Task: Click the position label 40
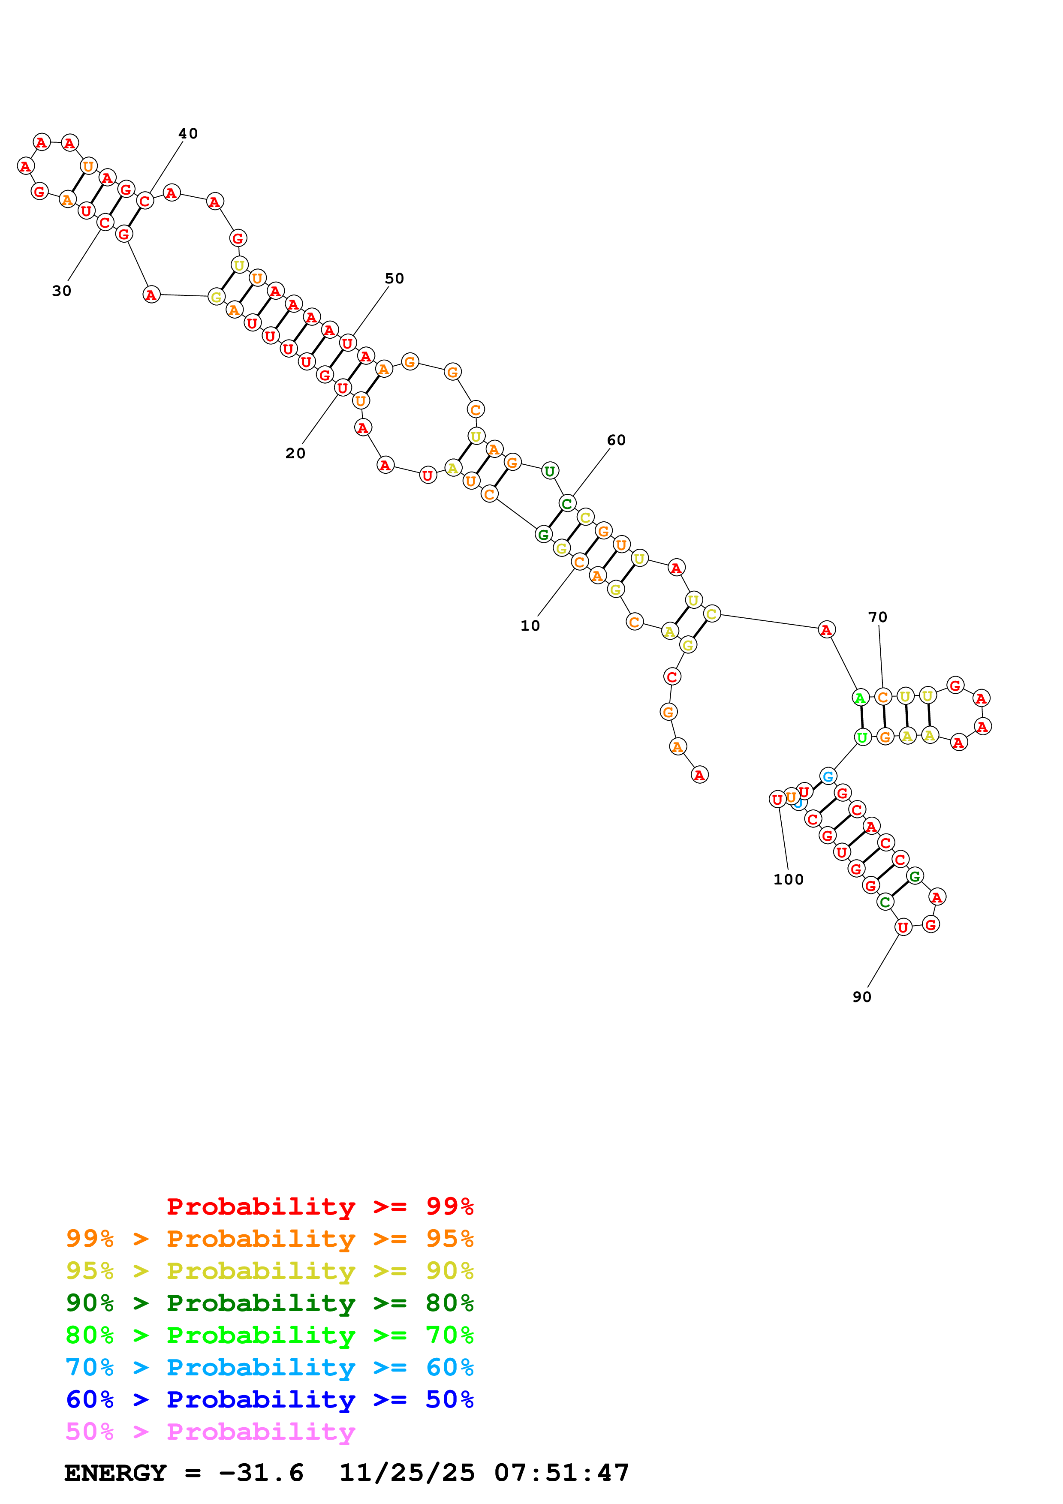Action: [x=188, y=134]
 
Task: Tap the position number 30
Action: [x=62, y=291]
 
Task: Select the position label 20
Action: [x=295, y=453]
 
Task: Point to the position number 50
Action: [x=394, y=278]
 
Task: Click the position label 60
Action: [x=616, y=440]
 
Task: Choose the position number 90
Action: [x=862, y=997]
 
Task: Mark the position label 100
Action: [x=789, y=880]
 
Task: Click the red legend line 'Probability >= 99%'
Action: [x=320, y=1206]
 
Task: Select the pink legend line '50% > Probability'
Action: [x=210, y=1432]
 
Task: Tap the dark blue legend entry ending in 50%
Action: [x=270, y=1400]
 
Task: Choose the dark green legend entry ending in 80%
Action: [x=270, y=1303]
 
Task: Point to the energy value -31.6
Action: [x=261, y=1473]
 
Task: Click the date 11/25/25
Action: [x=407, y=1473]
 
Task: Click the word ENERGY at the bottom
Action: [x=115, y=1473]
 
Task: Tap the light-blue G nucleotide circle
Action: [x=828, y=776]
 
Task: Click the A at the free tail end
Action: [x=699, y=775]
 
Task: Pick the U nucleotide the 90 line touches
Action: [x=903, y=927]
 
